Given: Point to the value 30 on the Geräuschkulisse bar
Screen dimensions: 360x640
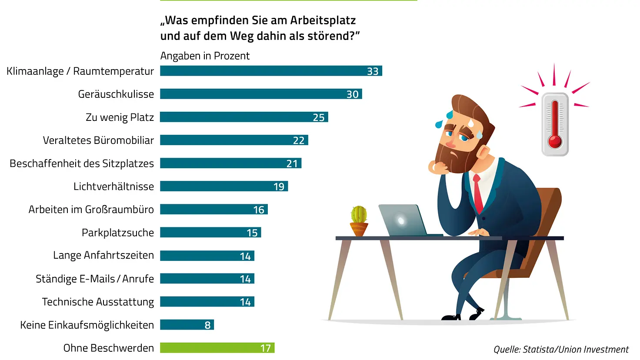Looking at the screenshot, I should pos(352,94).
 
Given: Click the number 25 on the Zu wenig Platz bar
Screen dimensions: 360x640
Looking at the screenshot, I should pos(319,117).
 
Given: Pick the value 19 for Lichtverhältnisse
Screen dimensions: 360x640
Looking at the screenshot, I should pos(279,187).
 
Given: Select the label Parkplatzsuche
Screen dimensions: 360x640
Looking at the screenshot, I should pos(118,233).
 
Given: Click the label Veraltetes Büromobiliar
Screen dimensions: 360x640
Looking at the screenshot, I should pos(98,140).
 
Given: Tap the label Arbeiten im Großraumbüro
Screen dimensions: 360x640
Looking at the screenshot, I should pos(91,210).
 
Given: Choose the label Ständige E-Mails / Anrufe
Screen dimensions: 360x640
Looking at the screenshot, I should pos(95,279).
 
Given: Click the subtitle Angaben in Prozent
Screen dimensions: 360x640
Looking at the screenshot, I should pos(205,56).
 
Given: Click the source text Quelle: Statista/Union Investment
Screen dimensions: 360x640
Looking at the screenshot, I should pos(561,349).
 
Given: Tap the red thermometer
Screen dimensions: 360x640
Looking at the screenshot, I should pos(555,124).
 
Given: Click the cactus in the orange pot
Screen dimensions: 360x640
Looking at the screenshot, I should pos(359,215).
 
